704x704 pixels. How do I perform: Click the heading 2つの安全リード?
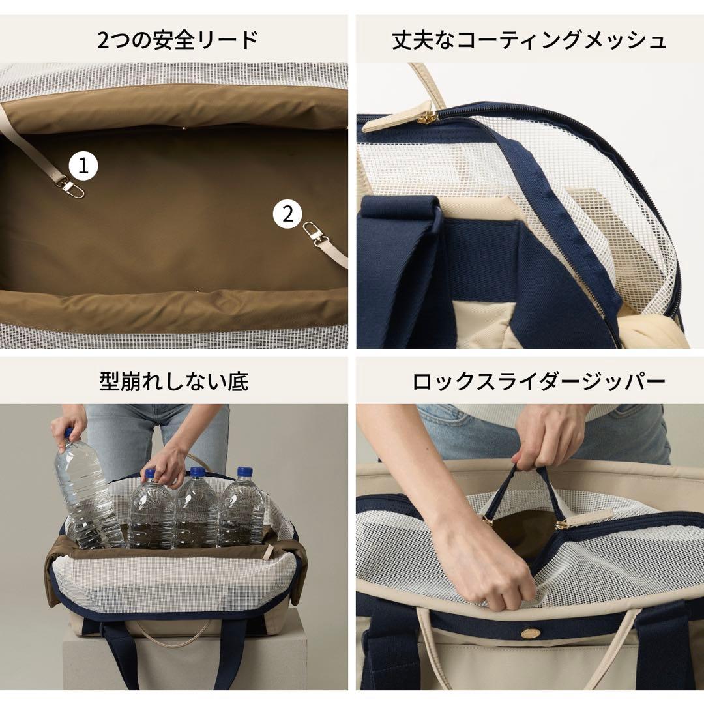(x=177, y=40)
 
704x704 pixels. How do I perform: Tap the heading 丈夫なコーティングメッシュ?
(x=529, y=40)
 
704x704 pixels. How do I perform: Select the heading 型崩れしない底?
(x=174, y=381)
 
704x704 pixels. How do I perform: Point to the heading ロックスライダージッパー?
(x=529, y=381)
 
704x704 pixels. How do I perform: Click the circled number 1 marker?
(x=83, y=166)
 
